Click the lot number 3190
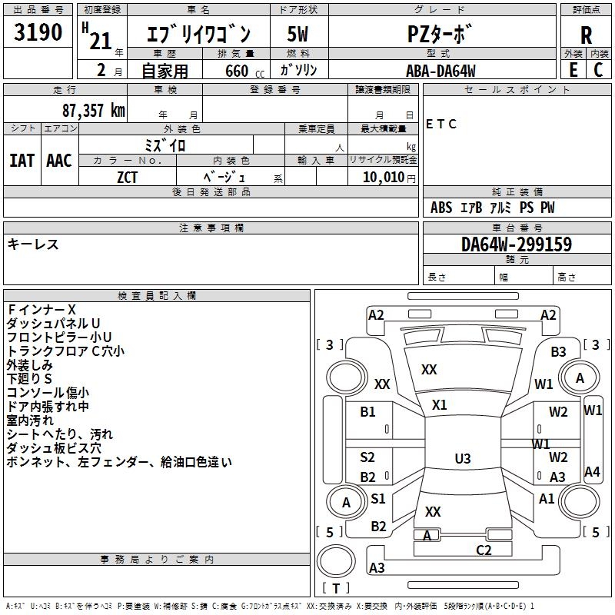pos(38,32)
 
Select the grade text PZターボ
pos(439,34)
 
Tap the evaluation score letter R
pos(586,35)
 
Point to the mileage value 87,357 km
pos(94,111)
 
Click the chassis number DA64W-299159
pos(517,244)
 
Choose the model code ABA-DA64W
pos(440,71)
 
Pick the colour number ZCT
pos(127,178)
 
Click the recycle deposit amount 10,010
pos(384,177)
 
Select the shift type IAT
pos(22,161)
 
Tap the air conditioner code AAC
pos(59,161)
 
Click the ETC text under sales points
pos(440,124)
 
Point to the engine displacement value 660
pos(237,71)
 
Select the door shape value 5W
pos(298,34)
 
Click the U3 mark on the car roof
pos(463,458)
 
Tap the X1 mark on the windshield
pos(439,404)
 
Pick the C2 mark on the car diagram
pos(484,550)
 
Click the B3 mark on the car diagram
pos(558,351)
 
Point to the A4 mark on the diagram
pos(592,471)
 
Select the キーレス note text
pos(33,244)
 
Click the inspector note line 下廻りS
pos(29,378)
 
